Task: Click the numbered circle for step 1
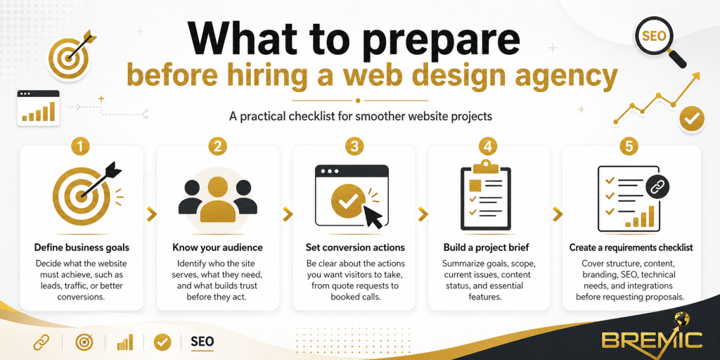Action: (x=82, y=147)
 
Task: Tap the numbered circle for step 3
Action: (x=354, y=147)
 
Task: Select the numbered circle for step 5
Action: (x=630, y=147)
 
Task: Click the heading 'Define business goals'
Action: (x=82, y=247)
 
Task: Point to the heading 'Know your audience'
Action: (x=217, y=247)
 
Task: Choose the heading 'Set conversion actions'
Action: (x=355, y=247)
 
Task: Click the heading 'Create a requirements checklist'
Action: (x=631, y=247)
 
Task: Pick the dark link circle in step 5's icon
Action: (x=657, y=187)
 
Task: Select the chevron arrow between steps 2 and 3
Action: (x=286, y=214)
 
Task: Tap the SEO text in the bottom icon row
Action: (x=202, y=342)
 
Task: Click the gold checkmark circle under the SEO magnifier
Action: (x=692, y=119)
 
